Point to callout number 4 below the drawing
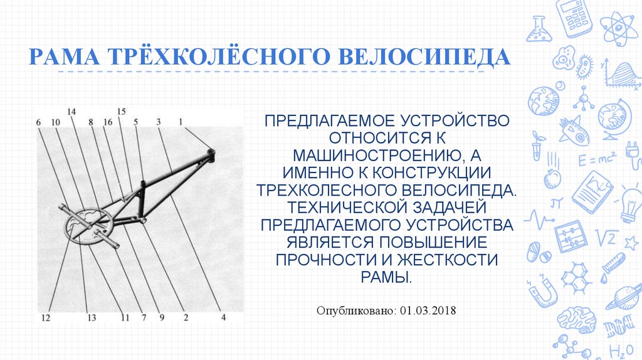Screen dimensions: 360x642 (223, 317)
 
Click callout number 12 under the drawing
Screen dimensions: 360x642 (45, 318)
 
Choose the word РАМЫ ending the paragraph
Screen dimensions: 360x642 (386, 277)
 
